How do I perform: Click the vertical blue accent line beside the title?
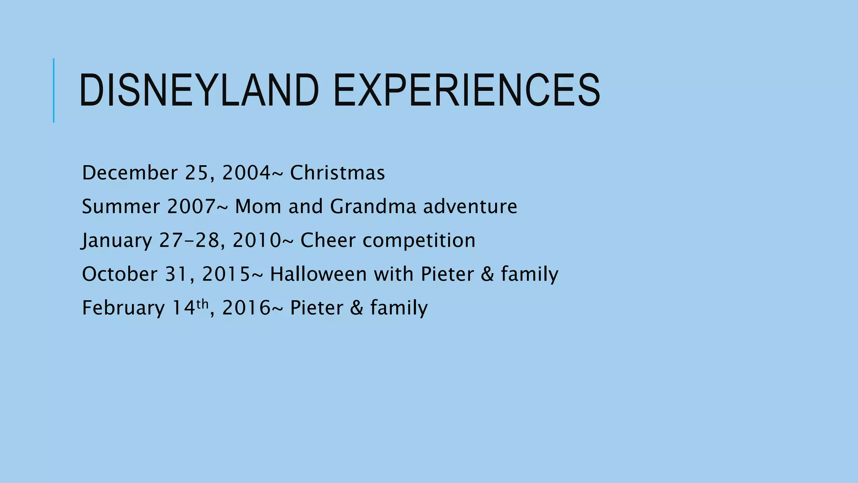54,90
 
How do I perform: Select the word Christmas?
337,173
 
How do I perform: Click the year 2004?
246,173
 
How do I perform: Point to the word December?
130,173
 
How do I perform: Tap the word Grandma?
373,207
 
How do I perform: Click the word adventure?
470,207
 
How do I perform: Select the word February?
124,308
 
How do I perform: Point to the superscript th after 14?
202,304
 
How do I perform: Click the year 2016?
246,308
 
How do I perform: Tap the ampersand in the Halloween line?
487,274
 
